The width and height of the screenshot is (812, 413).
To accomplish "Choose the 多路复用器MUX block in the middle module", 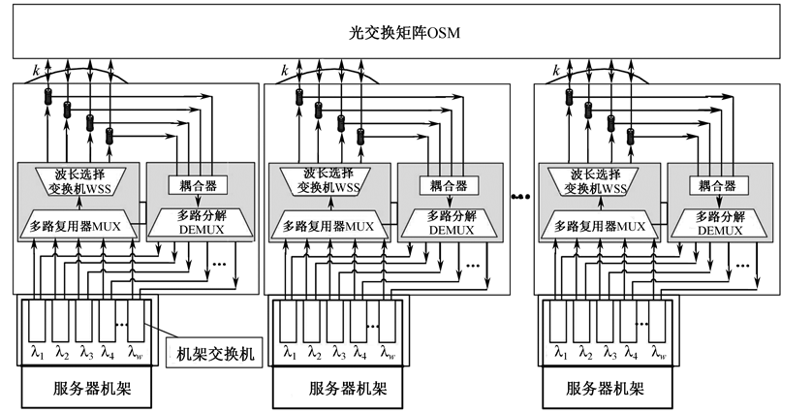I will [x=328, y=226].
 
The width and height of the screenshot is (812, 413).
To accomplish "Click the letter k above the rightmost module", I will [x=554, y=71].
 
